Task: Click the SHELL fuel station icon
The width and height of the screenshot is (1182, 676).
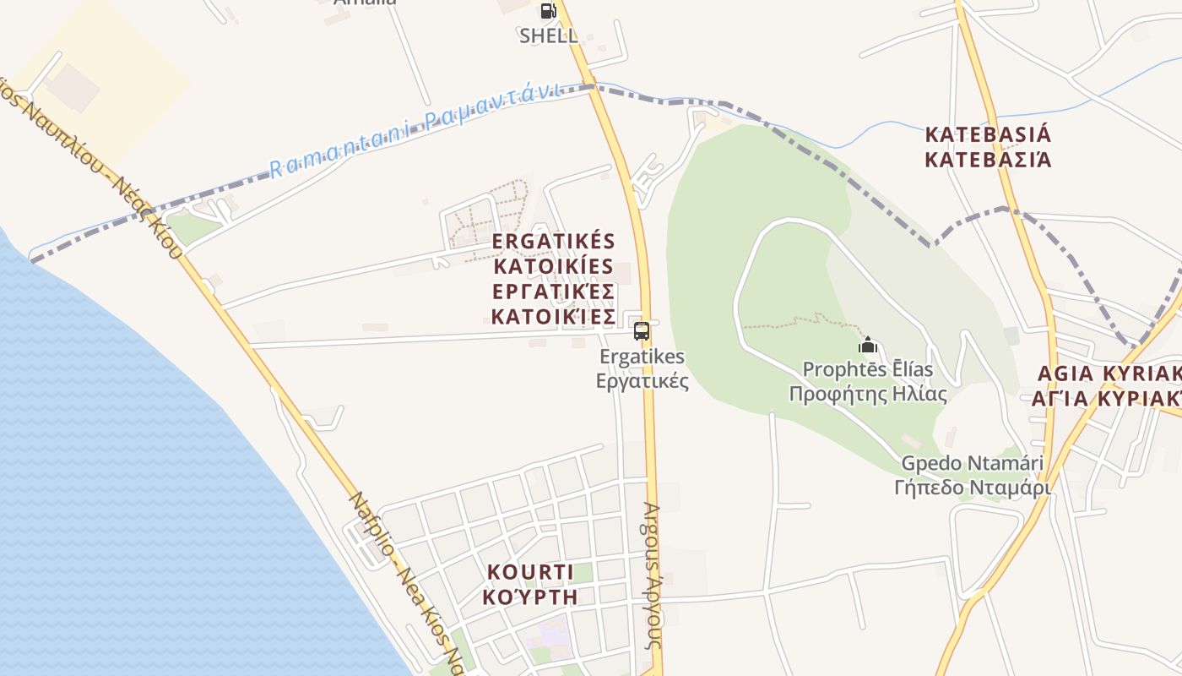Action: click(548, 11)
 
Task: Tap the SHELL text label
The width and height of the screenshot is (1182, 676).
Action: click(549, 35)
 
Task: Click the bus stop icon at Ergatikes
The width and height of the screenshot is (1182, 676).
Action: click(642, 330)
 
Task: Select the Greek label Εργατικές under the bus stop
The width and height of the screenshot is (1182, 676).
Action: click(643, 381)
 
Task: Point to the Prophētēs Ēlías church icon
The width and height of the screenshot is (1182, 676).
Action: click(868, 345)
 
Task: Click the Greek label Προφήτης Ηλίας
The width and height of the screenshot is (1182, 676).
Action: click(868, 395)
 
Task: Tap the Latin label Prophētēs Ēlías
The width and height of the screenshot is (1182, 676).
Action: click(868, 369)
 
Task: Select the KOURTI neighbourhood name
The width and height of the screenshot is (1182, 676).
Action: click(531, 572)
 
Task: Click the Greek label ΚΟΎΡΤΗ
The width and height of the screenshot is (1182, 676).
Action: click(531, 597)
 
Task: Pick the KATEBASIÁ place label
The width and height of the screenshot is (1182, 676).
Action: click(988, 134)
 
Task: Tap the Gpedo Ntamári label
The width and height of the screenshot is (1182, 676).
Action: click(973, 463)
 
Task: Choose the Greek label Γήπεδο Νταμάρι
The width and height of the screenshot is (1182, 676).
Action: click(973, 488)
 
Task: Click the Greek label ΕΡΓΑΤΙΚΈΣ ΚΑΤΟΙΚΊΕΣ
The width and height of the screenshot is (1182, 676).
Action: click(554, 304)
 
